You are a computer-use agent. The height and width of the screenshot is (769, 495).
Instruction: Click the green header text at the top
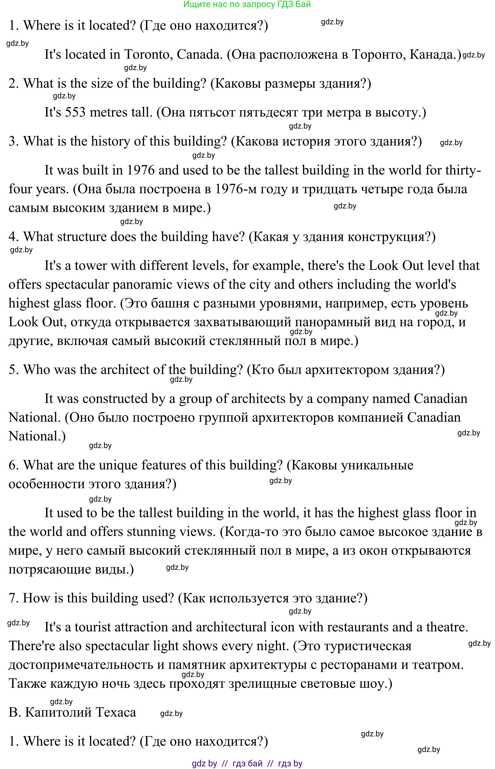coord(247,4)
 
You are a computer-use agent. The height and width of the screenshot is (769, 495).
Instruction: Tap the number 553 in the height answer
coord(76,113)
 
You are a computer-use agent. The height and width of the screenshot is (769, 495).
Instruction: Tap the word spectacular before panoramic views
coord(77,284)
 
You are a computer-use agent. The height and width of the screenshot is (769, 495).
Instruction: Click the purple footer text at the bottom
coord(247,763)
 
